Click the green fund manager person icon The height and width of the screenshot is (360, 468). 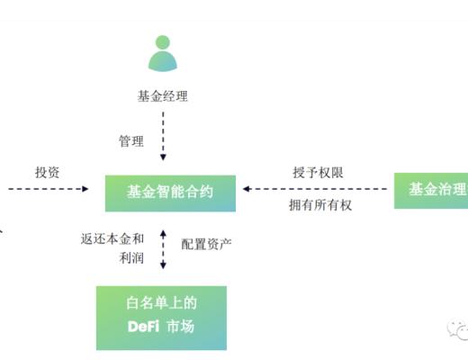163,54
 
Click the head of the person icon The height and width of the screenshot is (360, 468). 163,41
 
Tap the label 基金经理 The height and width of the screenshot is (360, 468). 163,96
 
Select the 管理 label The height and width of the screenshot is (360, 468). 131,141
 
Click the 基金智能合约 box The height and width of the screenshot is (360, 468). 170,192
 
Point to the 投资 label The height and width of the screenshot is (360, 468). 47,172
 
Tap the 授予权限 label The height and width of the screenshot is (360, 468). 318,172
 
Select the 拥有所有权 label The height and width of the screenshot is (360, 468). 319,206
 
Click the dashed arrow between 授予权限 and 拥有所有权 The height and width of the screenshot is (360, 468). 315,189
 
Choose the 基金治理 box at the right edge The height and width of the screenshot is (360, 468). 432,190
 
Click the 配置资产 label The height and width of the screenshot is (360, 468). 206,243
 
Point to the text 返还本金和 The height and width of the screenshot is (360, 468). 112,239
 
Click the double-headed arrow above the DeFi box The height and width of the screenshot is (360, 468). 163,248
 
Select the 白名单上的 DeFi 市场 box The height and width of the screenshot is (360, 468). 162,317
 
